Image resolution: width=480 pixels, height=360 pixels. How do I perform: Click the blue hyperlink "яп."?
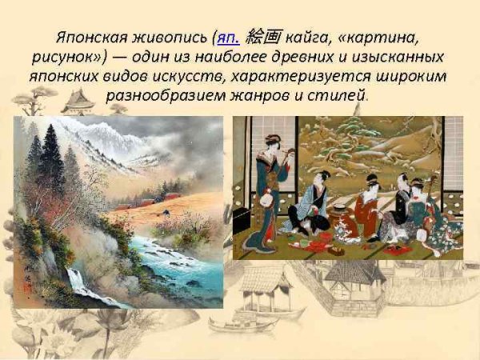226,38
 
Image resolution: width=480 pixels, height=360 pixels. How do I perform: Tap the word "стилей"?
341,97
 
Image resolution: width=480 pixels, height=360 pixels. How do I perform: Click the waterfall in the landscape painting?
78,280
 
